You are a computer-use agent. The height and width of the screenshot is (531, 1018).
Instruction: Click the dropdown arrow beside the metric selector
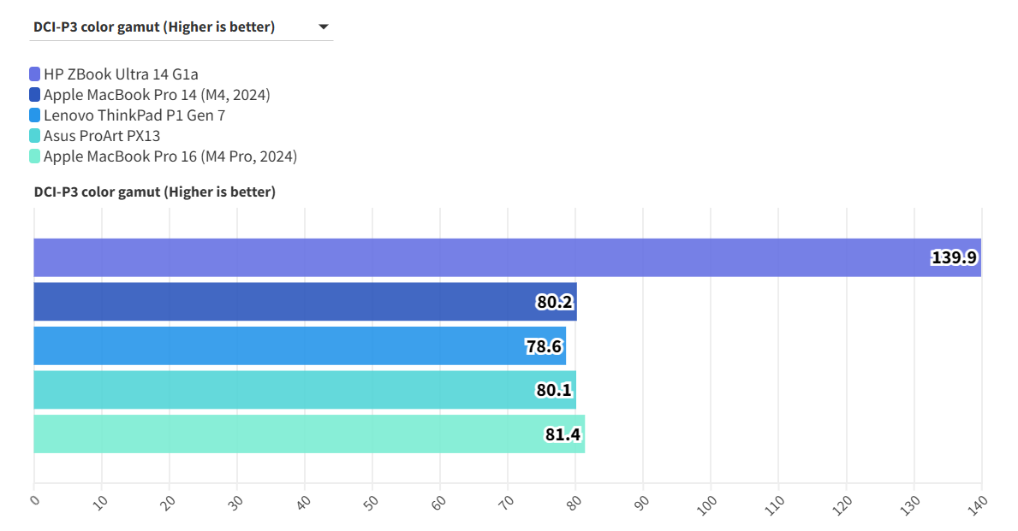(323, 27)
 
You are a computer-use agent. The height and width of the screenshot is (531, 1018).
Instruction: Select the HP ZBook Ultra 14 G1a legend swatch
(34, 74)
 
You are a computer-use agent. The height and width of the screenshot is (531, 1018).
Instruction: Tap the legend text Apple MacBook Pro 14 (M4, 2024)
(157, 95)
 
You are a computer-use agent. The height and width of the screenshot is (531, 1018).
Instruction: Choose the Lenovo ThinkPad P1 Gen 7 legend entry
(134, 115)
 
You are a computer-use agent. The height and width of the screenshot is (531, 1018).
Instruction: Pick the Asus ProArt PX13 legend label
(102, 136)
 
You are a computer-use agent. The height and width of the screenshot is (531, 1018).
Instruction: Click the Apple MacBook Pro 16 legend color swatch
(34, 156)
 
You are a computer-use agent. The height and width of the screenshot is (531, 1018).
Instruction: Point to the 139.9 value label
(954, 257)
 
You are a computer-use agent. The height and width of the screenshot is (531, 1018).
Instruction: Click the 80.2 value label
(555, 302)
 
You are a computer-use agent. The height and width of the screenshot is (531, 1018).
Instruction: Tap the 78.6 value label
(544, 346)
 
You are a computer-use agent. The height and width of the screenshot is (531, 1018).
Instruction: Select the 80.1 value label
(554, 390)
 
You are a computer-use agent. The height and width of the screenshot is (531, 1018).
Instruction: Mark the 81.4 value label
(563, 434)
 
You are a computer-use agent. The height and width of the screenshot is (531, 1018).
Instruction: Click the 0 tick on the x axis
(34, 501)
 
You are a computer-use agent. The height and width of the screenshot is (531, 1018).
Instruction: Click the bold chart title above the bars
(154, 192)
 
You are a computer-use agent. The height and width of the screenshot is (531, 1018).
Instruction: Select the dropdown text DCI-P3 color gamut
(154, 27)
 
